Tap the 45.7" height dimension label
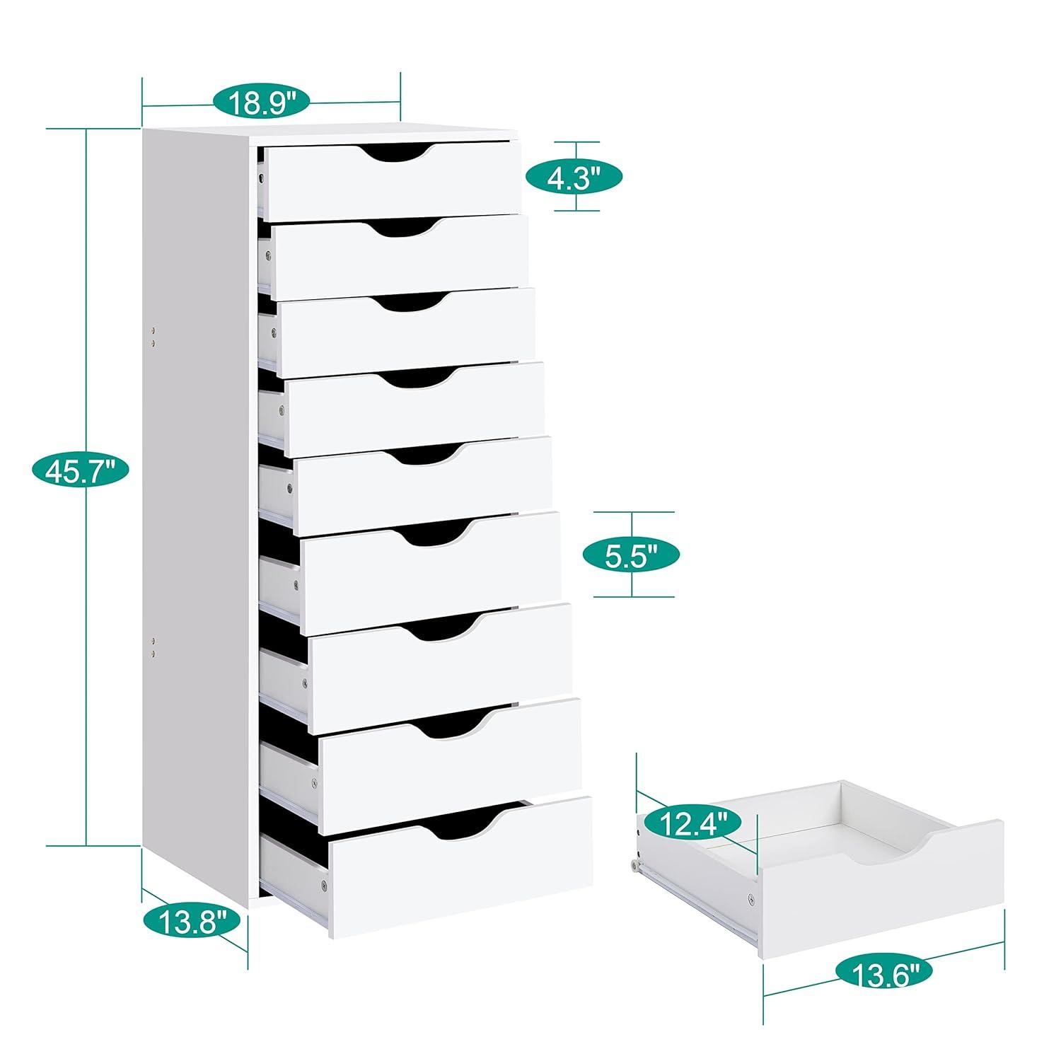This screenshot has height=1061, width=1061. pos(80,470)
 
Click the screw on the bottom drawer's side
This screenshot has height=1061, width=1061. pos(323,884)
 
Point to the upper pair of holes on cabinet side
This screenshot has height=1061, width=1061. pos(154,336)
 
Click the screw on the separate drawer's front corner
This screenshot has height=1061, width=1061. pos(751,900)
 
